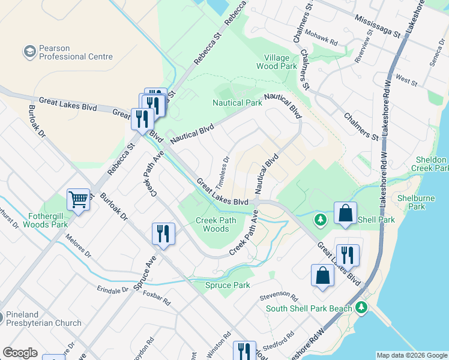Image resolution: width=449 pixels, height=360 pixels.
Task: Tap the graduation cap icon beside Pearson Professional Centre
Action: pos(29,52)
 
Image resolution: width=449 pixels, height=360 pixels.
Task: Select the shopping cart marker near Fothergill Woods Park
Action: pos(78,199)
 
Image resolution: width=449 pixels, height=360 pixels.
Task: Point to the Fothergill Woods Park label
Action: pos(46,220)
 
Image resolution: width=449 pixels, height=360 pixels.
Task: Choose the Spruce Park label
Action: pos(228,285)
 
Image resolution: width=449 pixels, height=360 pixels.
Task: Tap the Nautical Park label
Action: pos(237,103)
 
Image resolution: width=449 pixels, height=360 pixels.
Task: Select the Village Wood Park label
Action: pos(277,62)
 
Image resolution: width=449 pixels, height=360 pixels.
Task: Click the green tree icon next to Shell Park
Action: pos(321,220)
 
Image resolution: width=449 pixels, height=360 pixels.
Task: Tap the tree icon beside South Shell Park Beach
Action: pos(361,308)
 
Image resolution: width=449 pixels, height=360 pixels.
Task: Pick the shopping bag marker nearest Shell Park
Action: pos(346,214)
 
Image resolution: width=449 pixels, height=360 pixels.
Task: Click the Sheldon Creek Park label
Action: pos(430,164)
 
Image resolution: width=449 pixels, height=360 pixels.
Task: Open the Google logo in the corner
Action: pos(20,353)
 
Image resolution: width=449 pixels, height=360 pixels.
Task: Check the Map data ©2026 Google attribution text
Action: pos(411,355)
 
